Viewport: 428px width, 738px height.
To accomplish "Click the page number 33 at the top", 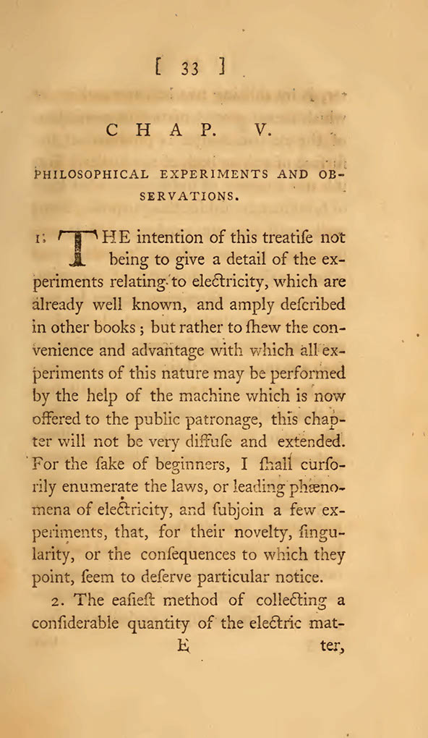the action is tap(190, 69).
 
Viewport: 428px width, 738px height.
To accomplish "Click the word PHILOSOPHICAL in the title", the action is tap(91, 174).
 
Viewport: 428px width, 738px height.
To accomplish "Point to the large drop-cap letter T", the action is tap(77, 247).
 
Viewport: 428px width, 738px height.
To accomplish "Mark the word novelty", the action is tap(257, 531).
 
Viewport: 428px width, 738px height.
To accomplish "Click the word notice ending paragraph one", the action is tap(294, 577).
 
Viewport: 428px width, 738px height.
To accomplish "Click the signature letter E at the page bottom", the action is tap(182, 646).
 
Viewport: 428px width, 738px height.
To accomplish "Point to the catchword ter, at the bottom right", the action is tap(332, 646).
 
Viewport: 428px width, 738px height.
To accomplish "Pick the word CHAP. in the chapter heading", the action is tap(160, 131).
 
